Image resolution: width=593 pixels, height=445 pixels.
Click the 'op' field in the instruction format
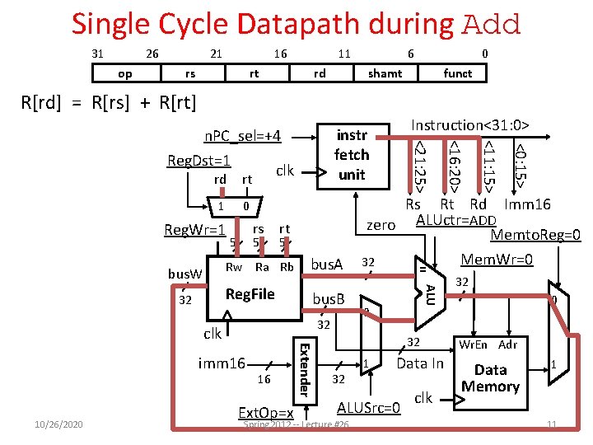(x=125, y=73)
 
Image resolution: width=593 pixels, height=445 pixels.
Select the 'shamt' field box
(x=385, y=73)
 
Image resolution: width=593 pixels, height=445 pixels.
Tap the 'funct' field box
(x=457, y=73)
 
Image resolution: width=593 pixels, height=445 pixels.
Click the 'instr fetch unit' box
(x=352, y=155)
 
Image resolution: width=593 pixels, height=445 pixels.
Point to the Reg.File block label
(x=250, y=294)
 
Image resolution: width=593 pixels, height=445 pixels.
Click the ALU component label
(x=429, y=293)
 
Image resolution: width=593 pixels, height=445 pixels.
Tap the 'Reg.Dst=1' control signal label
(x=198, y=161)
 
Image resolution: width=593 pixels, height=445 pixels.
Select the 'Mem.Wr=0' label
(x=497, y=260)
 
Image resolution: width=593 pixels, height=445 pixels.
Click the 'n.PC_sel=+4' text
(x=242, y=136)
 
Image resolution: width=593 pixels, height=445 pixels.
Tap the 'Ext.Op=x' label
(x=265, y=412)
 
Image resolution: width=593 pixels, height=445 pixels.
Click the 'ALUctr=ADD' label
(x=455, y=220)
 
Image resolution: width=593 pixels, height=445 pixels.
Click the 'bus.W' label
(x=184, y=273)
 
